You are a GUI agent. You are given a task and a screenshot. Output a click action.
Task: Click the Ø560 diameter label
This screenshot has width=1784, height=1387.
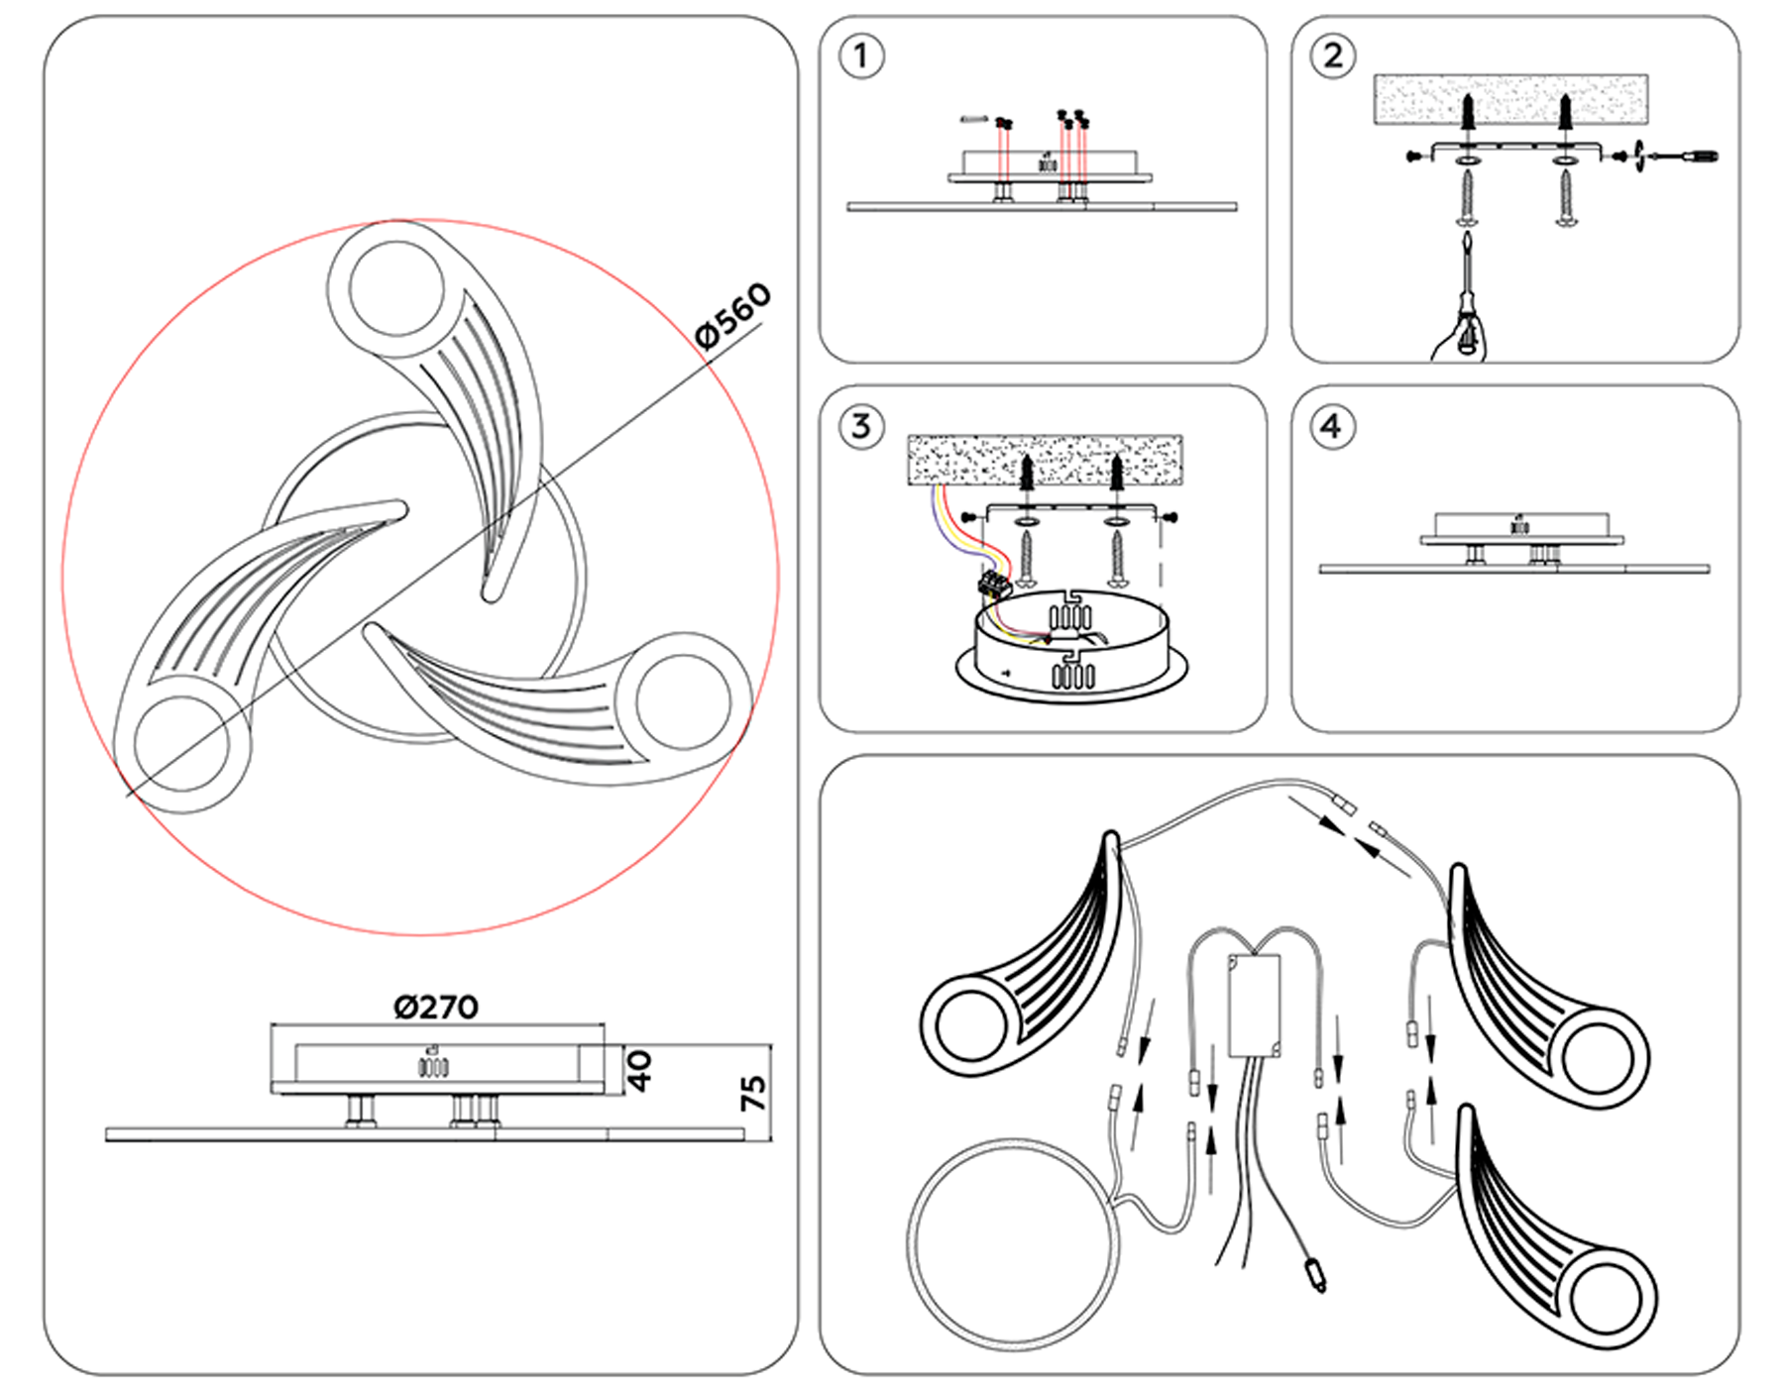733,315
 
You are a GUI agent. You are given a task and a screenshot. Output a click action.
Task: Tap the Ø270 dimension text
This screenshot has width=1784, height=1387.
436,1008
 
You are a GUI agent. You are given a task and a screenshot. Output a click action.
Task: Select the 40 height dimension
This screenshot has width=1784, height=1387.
640,1071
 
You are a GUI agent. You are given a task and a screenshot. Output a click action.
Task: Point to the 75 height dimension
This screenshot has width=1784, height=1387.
753,1093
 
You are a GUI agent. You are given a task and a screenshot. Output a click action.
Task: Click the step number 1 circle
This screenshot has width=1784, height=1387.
860,56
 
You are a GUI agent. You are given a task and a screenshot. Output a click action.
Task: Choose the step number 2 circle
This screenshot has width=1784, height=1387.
1333,56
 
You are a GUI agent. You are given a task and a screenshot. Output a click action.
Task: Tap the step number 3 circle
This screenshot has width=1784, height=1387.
860,427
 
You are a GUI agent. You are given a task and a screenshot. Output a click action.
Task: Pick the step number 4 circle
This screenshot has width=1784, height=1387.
1331,427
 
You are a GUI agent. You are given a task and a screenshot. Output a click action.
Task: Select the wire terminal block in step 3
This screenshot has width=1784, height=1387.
994,583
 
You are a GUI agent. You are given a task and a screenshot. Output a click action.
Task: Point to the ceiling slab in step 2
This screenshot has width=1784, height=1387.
1510,98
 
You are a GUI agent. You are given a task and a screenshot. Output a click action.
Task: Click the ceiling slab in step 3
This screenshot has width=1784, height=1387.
1045,459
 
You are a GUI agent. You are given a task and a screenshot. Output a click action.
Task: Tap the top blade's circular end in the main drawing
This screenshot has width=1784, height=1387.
396,287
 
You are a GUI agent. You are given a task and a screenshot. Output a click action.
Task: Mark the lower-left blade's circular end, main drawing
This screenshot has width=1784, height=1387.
181,743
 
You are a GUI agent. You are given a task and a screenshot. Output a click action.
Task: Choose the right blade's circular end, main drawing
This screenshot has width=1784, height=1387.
684,700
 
